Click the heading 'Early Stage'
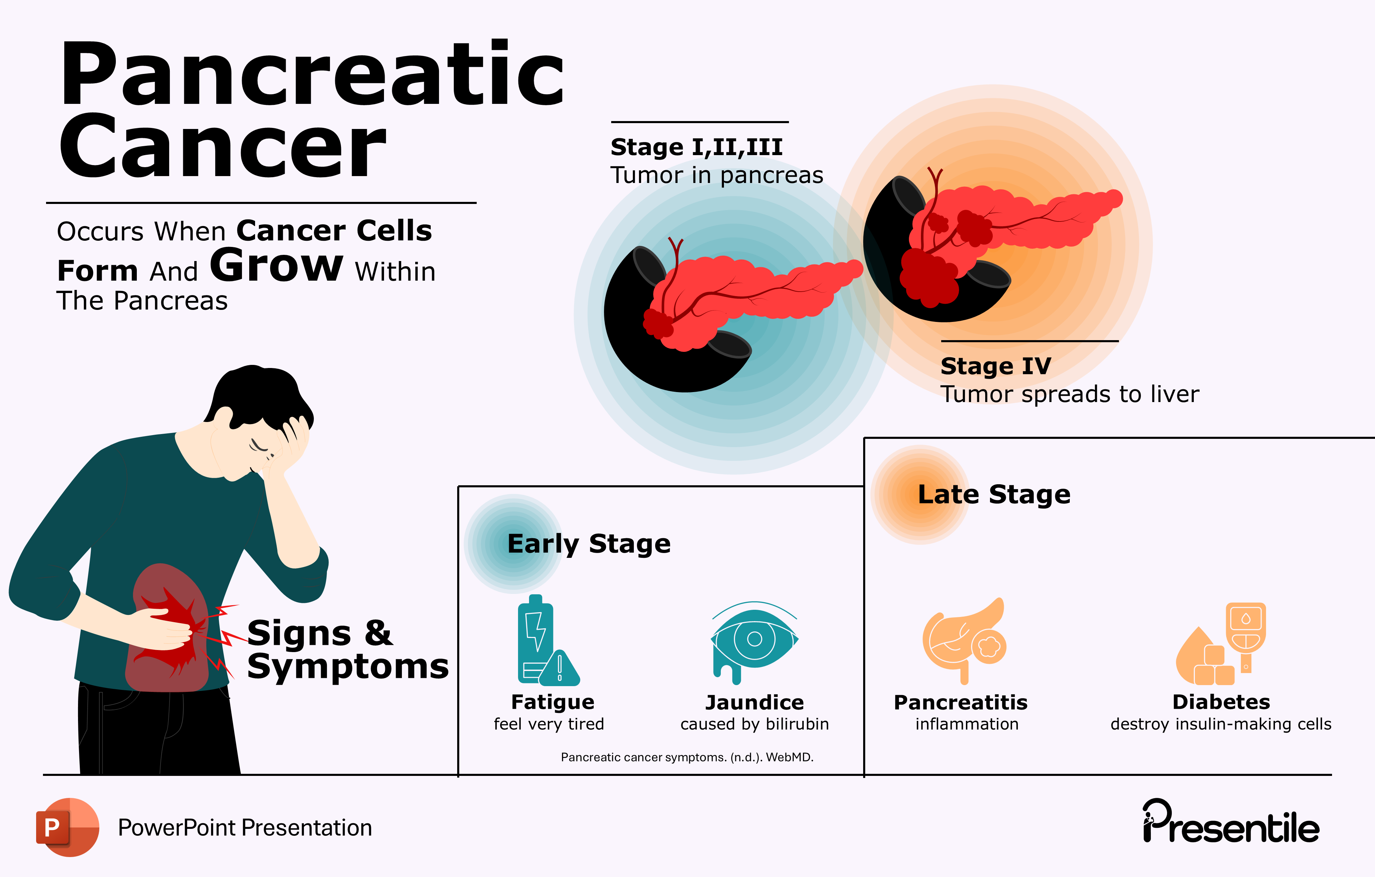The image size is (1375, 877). pyautogui.click(x=589, y=544)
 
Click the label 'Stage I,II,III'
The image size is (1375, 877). pyautogui.click(x=696, y=148)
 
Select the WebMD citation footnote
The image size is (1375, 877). pyautogui.click(x=687, y=757)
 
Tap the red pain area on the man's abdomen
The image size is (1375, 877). pyautogui.click(x=168, y=628)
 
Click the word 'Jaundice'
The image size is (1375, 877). pyautogui.click(x=754, y=702)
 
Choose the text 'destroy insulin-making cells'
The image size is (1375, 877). pyautogui.click(x=1221, y=724)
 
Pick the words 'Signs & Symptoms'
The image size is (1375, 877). pyautogui.click(x=347, y=650)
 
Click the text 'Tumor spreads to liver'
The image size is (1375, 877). pyautogui.click(x=1069, y=394)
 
